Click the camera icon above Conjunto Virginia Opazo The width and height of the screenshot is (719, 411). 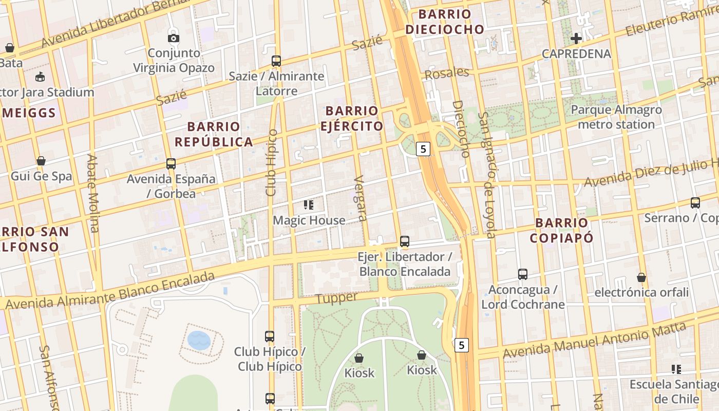(x=174, y=38)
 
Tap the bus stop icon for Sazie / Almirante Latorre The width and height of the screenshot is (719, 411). (x=276, y=61)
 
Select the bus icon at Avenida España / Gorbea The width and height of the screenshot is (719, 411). (x=171, y=164)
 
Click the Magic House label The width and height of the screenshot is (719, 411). (x=309, y=220)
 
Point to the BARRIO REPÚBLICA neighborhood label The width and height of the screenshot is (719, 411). (x=214, y=134)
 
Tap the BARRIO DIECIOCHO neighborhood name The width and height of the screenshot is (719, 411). (x=445, y=22)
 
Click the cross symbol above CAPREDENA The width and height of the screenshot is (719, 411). (x=576, y=38)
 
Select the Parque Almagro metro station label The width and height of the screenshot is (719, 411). (x=616, y=117)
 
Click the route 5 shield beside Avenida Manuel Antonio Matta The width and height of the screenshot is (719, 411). (x=462, y=345)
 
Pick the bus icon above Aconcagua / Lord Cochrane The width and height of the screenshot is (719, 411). (x=523, y=274)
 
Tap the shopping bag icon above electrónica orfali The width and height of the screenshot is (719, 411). (x=641, y=277)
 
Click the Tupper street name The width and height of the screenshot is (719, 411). (x=336, y=298)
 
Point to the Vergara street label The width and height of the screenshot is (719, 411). (x=361, y=198)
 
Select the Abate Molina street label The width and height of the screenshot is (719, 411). (x=93, y=193)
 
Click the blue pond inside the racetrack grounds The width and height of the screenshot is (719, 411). (x=199, y=340)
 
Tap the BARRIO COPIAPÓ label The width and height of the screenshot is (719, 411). (x=562, y=230)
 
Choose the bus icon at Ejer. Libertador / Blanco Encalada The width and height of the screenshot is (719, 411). (x=405, y=241)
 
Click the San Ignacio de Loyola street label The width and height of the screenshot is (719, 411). (x=486, y=175)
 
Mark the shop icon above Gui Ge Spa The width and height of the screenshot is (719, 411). (x=41, y=161)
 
